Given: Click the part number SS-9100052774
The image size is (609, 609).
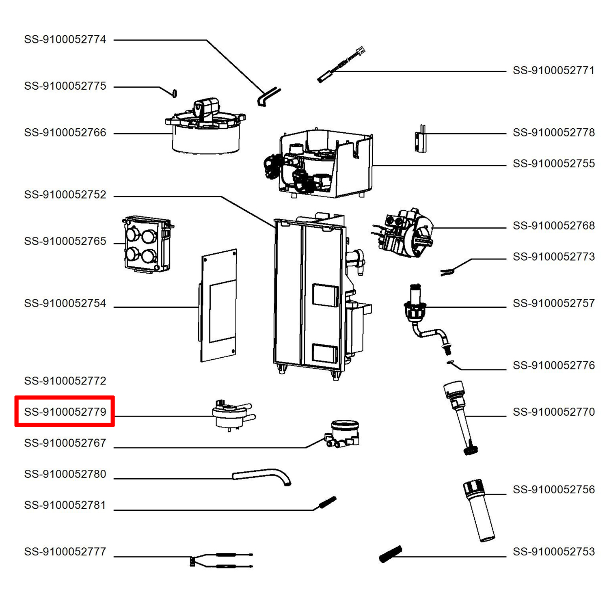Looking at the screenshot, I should (x=65, y=39).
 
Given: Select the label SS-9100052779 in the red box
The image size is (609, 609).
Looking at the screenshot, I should (x=65, y=412).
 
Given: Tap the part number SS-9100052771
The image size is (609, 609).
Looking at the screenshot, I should (x=553, y=71).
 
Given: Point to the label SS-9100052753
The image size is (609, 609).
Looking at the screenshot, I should (x=553, y=552).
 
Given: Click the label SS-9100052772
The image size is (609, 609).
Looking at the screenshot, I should (x=65, y=381).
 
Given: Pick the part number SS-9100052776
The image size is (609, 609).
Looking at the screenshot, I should (x=553, y=365).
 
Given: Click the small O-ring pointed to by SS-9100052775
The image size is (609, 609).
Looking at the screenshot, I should (x=175, y=93).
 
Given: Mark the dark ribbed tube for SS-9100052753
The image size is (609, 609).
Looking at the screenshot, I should (x=391, y=554).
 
